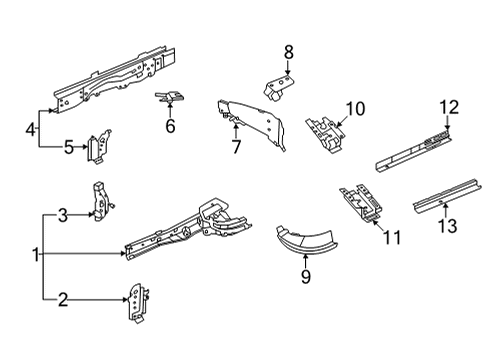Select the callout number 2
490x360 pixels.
pyautogui.click(x=62, y=297)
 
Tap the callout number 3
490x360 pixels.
pyautogui.click(x=62, y=214)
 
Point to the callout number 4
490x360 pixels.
pyautogui.click(x=31, y=128)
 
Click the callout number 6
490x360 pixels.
pyautogui.click(x=170, y=126)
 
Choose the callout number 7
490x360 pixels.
pyautogui.click(x=235, y=147)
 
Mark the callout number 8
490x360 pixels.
pyautogui.click(x=288, y=51)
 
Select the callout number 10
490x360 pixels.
pyautogui.click(x=356, y=109)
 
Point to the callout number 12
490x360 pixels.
pyautogui.click(x=447, y=107)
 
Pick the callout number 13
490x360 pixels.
pyautogui.click(x=448, y=226)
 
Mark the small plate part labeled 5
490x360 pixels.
pyautogui.click(x=98, y=148)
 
